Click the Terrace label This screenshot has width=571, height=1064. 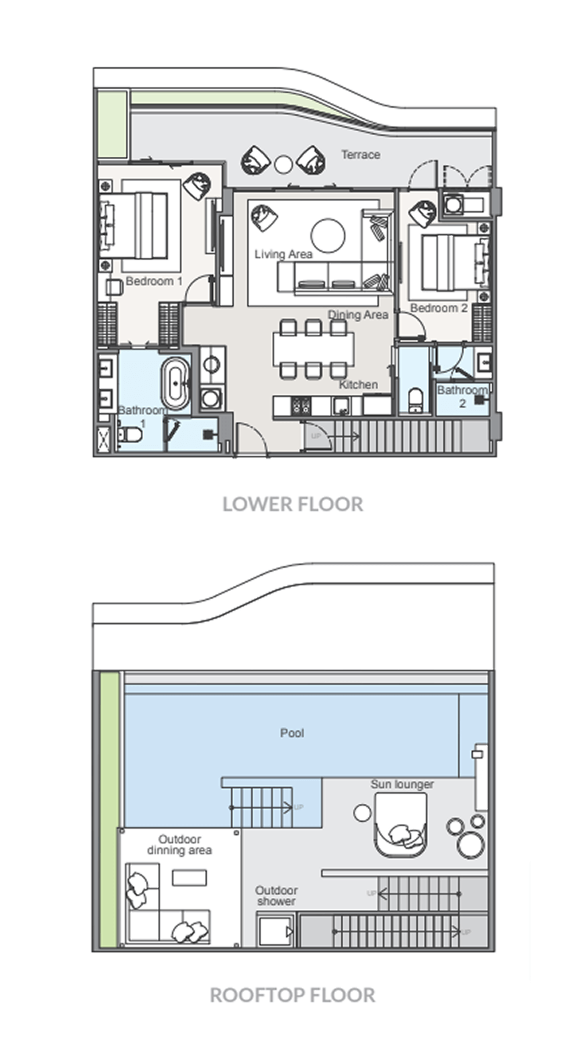(361, 155)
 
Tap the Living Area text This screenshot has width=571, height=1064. (283, 255)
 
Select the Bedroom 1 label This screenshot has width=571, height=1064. (154, 281)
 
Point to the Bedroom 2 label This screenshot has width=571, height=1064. (439, 308)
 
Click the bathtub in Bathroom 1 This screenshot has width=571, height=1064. (176, 381)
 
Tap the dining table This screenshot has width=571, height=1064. (314, 349)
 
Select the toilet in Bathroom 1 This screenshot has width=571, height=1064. (130, 434)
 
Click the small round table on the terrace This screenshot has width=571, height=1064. (283, 165)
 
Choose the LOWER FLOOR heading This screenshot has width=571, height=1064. (293, 504)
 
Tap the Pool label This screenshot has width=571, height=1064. (292, 733)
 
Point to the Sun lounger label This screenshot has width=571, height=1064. (402, 785)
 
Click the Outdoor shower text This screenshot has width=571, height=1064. (276, 896)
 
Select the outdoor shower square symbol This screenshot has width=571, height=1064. (275, 932)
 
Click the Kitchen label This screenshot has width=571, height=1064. (359, 385)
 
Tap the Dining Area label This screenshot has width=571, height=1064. (358, 315)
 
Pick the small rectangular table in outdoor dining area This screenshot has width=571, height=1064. (189, 878)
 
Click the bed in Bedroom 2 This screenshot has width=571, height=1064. (449, 262)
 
